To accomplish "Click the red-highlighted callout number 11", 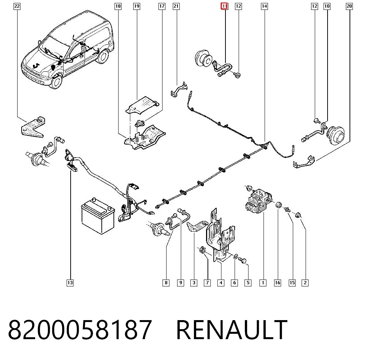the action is tap(224, 6).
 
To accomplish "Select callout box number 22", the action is tap(17, 6).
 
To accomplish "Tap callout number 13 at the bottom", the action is tap(70, 283).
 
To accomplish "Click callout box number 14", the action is tap(264, 6).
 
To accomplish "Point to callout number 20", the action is tap(349, 6).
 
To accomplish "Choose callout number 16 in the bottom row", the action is tap(277, 283).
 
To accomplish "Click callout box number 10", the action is tap(327, 6).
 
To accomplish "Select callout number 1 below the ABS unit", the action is tap(263, 283).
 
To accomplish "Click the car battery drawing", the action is tap(98, 216).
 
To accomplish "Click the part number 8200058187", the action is tap(80, 330).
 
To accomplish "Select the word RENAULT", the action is tap(232, 330).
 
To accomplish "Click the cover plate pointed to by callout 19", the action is tap(142, 105).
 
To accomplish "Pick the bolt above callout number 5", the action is tap(243, 260).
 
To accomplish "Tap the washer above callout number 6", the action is tap(235, 256).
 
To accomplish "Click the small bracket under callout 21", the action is tap(179, 90).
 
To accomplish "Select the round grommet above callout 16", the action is tap(278, 205).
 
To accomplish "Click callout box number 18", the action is tap(118, 6).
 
